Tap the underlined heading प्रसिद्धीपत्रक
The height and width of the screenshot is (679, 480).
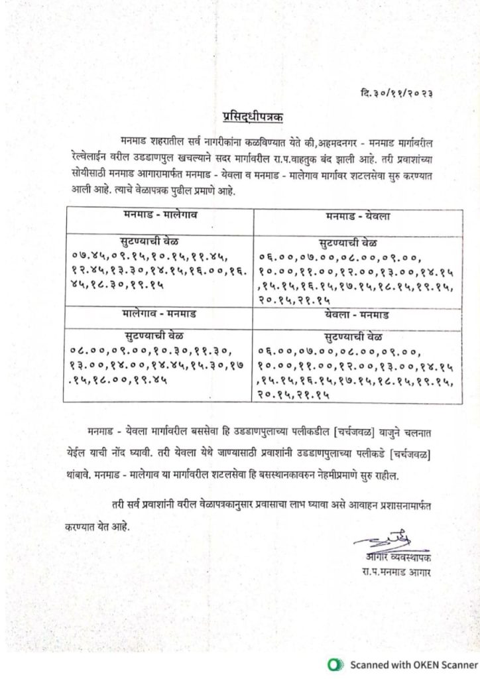253,118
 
